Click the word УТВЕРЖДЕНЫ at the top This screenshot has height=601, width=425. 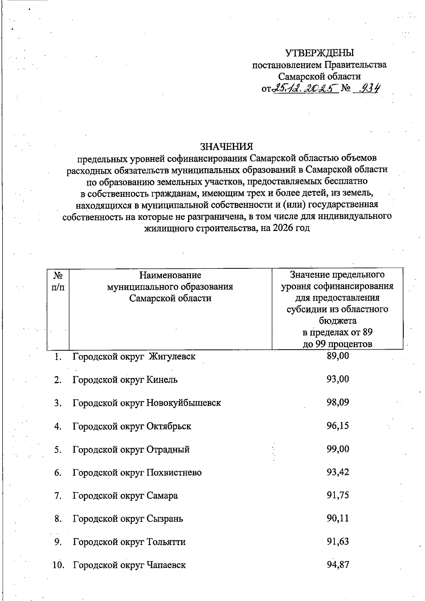pyautogui.click(x=319, y=53)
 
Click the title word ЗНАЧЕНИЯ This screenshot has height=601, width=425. pyautogui.click(x=227, y=146)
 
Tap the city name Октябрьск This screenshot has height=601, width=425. pyautogui.click(x=169, y=426)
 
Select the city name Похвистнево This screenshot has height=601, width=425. pyautogui.click(x=174, y=472)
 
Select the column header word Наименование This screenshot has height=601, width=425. pyautogui.click(x=170, y=275)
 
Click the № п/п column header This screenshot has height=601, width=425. pyautogui.click(x=58, y=280)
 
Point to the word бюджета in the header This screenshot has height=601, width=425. pyautogui.click(x=338, y=321)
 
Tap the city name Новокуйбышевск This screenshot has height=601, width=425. pyautogui.click(x=183, y=403)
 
